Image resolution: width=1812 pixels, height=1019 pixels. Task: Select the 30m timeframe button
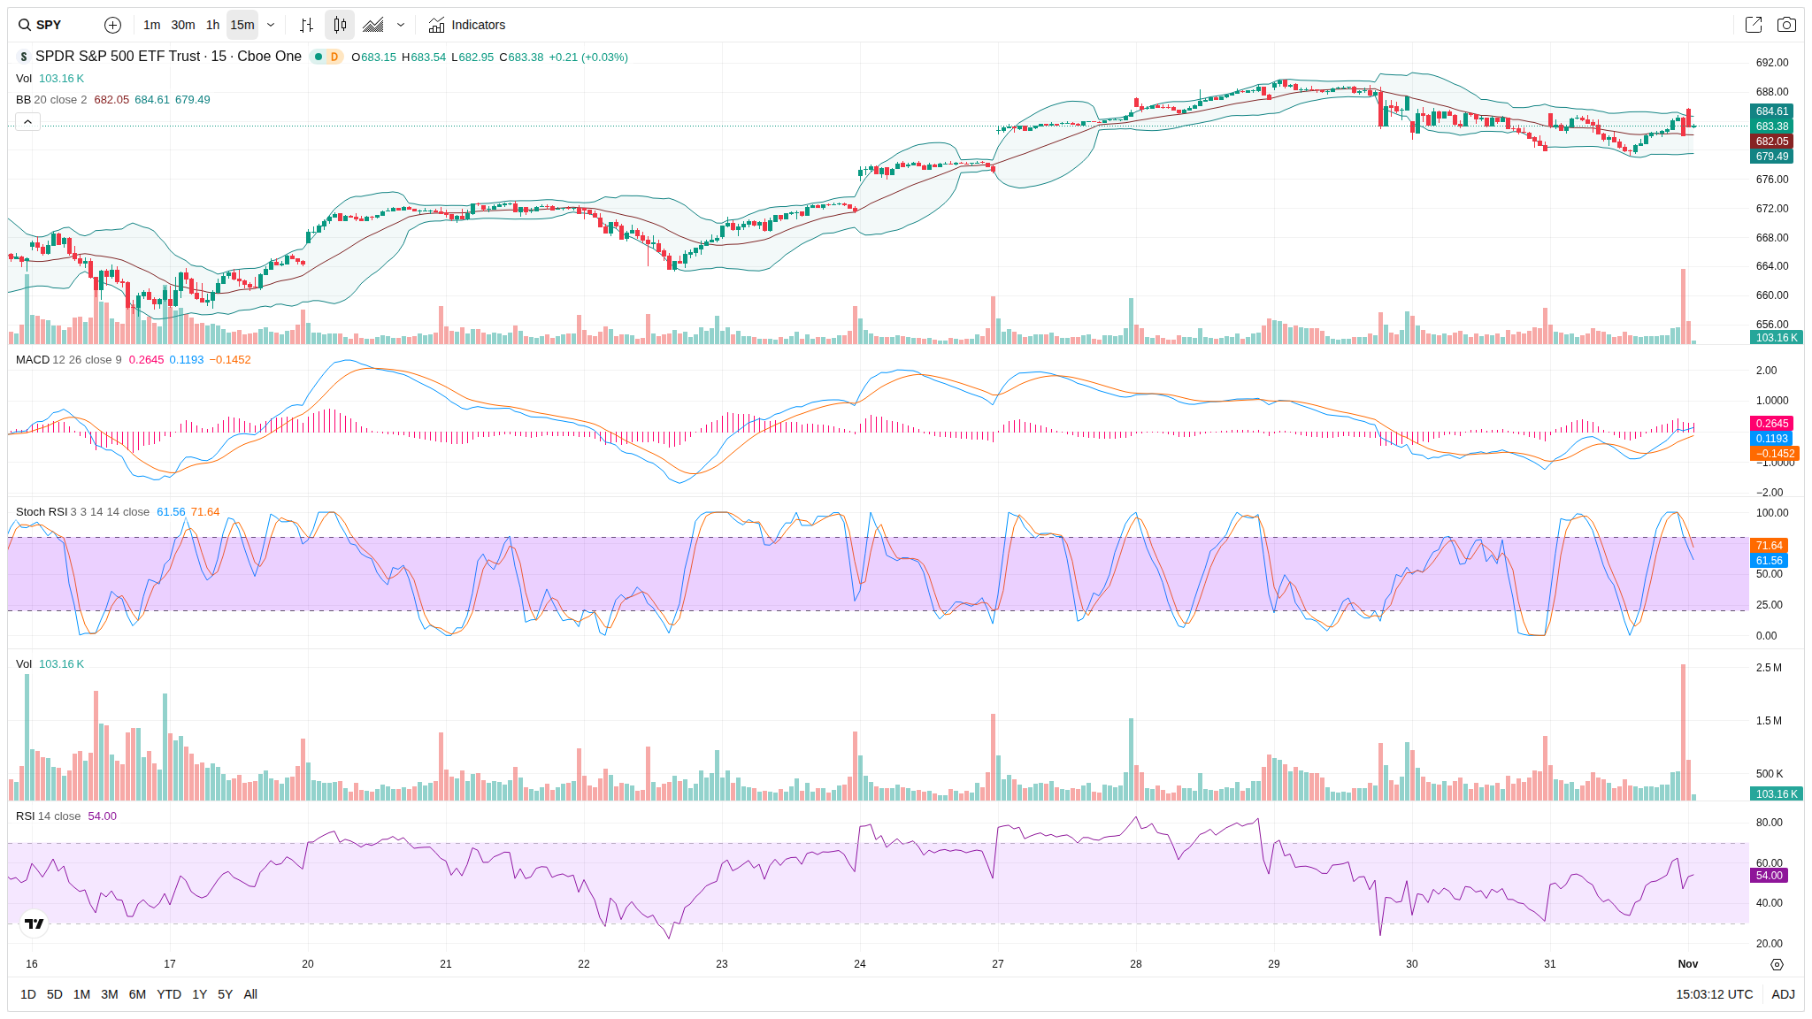point(183,25)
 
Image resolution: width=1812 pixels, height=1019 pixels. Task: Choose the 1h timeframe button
point(212,25)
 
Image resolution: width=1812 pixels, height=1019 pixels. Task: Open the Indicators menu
point(467,25)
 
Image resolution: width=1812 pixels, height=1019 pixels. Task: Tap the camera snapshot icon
point(1786,25)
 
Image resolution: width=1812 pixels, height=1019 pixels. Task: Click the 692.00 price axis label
point(1771,63)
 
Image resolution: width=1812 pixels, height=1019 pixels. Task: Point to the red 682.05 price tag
point(1771,142)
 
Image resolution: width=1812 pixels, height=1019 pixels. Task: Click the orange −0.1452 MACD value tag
point(1775,454)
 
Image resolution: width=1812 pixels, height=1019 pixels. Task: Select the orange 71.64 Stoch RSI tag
point(1769,546)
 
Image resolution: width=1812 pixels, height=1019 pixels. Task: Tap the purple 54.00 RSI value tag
point(1769,876)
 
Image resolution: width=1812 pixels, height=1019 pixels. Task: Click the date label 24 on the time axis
point(860,964)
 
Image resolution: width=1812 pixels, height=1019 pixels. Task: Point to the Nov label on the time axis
point(1688,964)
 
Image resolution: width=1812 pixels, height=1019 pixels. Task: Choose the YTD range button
point(169,994)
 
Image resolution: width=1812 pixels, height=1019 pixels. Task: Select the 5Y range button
point(226,994)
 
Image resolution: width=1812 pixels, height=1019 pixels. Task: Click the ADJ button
point(1783,994)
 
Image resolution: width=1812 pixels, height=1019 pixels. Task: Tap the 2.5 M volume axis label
point(1769,668)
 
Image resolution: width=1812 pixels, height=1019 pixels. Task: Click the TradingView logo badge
point(35,923)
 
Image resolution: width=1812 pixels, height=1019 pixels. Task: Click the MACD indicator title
point(33,360)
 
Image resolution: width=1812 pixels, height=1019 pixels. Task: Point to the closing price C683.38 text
point(522,57)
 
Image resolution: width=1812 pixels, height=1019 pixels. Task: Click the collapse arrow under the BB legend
point(27,121)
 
